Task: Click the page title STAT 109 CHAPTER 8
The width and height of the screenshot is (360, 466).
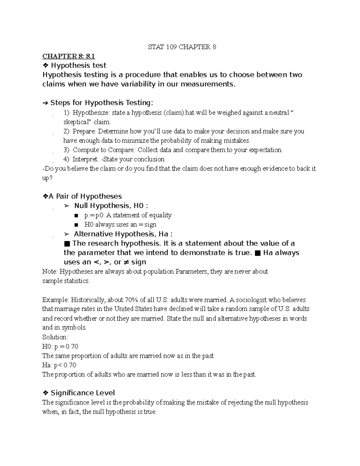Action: [182, 47]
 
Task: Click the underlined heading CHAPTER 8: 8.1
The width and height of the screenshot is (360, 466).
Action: [68, 56]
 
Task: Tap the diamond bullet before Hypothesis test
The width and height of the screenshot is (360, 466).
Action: [45, 65]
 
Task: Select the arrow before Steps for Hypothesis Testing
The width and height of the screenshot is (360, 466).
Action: [45, 103]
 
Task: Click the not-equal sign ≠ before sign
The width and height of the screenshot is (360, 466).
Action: [126, 262]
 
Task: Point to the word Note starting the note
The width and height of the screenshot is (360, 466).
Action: [49, 272]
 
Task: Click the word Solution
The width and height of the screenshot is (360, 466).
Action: [55, 337]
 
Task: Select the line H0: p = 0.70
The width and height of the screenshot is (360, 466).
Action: [60, 347]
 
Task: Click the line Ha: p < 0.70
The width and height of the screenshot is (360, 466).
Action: [59, 365]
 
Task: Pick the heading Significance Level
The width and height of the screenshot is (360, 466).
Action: [82, 393]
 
